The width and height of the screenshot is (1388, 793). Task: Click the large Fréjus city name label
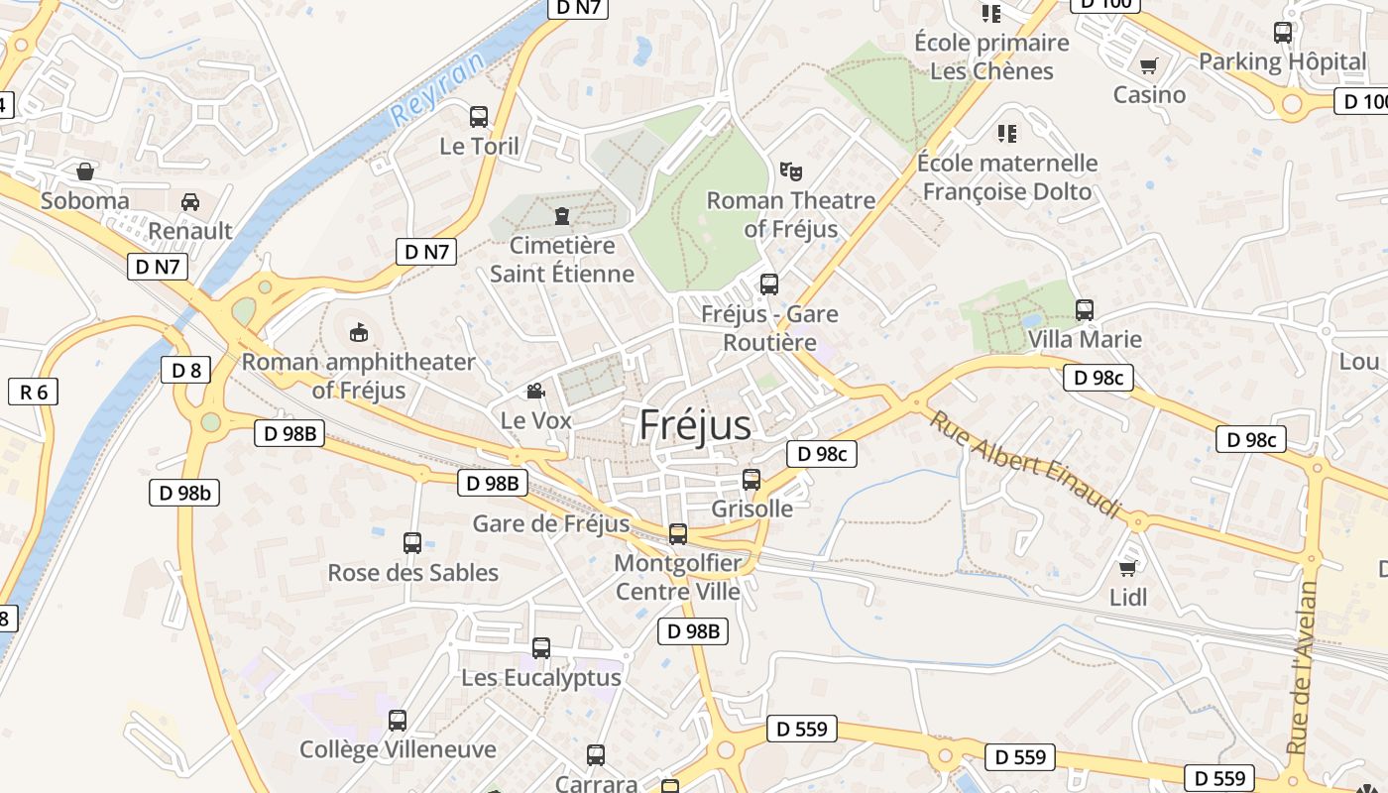[695, 424]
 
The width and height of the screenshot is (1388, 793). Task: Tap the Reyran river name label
[437, 89]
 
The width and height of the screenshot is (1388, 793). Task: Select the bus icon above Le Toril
[479, 117]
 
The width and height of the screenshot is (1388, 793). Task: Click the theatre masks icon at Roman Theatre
[790, 170]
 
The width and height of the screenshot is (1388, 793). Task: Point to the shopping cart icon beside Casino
[1149, 66]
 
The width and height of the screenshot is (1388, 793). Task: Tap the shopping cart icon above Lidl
[1127, 568]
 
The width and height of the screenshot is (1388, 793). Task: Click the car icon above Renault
[190, 202]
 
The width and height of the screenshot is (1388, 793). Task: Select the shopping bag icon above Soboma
[85, 171]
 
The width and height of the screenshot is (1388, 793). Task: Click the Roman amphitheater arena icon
[359, 332]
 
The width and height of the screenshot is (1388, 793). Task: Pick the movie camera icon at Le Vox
[535, 392]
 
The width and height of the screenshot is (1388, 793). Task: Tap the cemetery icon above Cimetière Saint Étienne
[562, 215]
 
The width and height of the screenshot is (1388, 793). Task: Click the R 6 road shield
[34, 392]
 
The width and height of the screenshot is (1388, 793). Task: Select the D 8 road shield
[185, 371]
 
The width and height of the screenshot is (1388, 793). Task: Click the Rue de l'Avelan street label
[1304, 668]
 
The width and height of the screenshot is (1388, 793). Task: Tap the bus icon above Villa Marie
[1085, 310]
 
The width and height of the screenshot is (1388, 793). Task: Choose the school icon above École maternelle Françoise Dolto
[1007, 133]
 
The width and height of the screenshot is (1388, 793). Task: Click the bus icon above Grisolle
[752, 480]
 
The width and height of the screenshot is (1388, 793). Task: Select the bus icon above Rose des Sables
[412, 543]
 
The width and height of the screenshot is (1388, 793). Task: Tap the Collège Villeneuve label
[398, 749]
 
